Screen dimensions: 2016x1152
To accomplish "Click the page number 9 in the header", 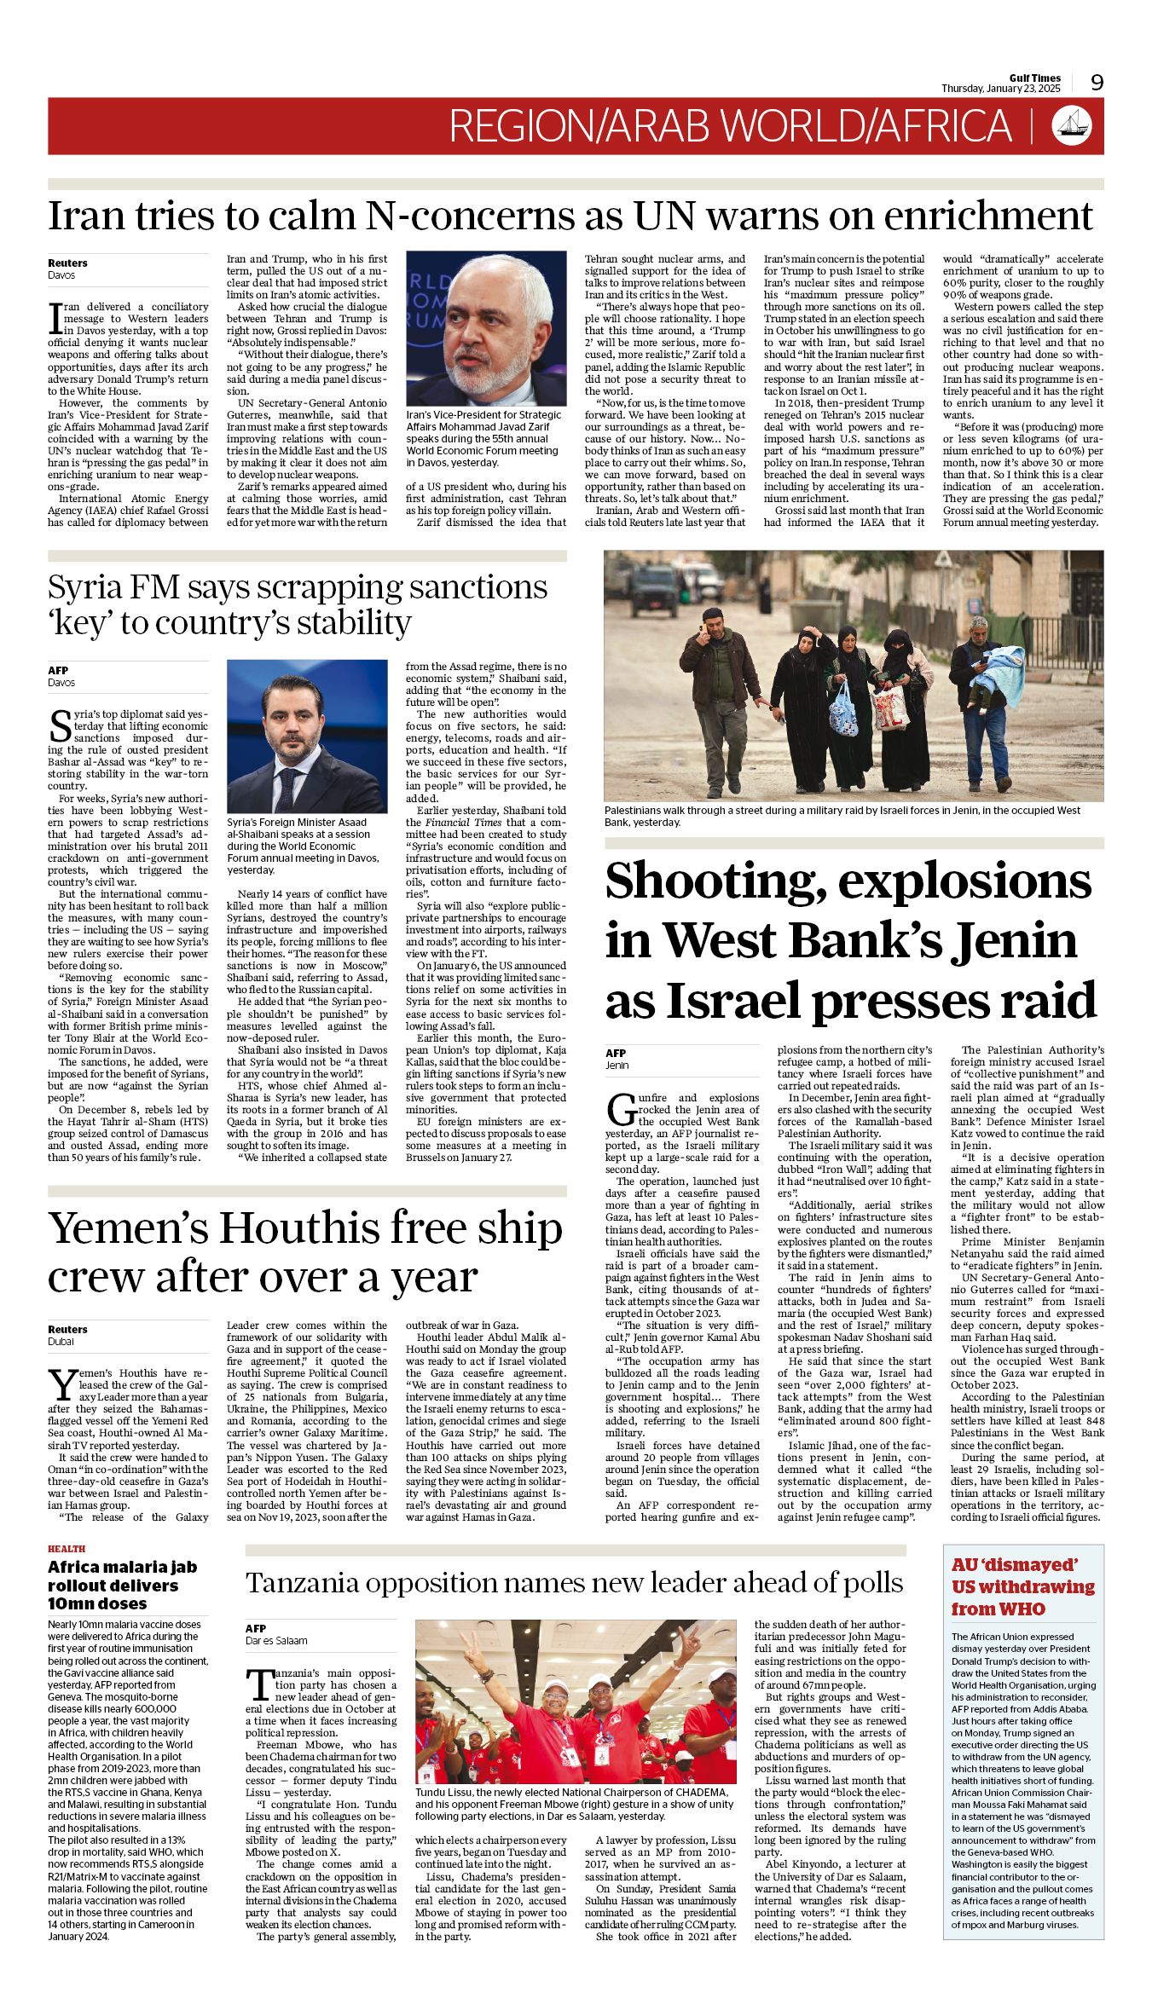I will pyautogui.click(x=1097, y=83).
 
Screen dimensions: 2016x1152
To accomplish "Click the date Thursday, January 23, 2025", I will pyautogui.click(x=1000, y=89).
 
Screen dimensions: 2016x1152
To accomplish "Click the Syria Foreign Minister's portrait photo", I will pyautogui.click(x=306, y=737).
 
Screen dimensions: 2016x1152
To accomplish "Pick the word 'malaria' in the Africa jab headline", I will pyautogui.click(x=124, y=1568).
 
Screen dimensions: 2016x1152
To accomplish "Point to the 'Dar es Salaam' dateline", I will pyautogui.click(x=276, y=1641).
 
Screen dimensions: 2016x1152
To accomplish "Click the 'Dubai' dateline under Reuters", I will pyautogui.click(x=61, y=1342).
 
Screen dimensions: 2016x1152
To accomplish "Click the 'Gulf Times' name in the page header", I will pyautogui.click(x=1034, y=78).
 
